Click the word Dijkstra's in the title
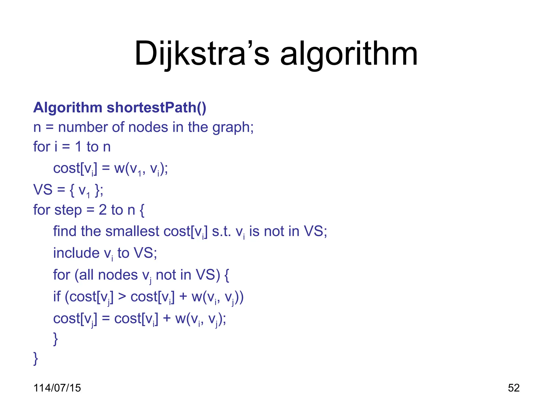point(202,53)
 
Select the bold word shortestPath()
point(156,108)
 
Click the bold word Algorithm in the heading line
point(68,108)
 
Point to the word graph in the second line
point(232,127)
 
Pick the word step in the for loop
point(68,210)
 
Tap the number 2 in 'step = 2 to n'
point(103,210)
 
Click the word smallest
point(132,231)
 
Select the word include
point(76,253)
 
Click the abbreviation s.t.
point(221,231)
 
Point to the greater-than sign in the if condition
point(122,296)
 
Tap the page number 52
point(514,388)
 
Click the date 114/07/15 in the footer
point(57,388)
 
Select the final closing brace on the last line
point(35,359)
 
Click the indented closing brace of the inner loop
point(56,339)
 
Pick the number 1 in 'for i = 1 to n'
point(78,147)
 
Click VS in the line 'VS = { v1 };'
point(43,190)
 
